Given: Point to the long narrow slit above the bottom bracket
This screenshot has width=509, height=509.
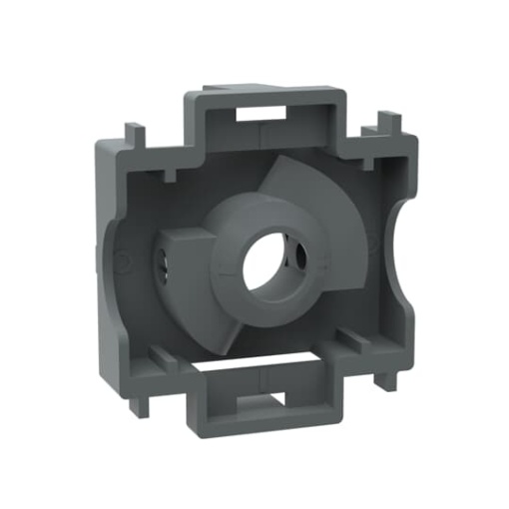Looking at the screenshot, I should [x=269, y=350].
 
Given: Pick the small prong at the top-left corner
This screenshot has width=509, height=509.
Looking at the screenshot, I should [x=133, y=132].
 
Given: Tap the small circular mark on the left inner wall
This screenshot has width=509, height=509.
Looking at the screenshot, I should [x=121, y=261].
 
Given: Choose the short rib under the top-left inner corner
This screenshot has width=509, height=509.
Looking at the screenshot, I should [x=166, y=174].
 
